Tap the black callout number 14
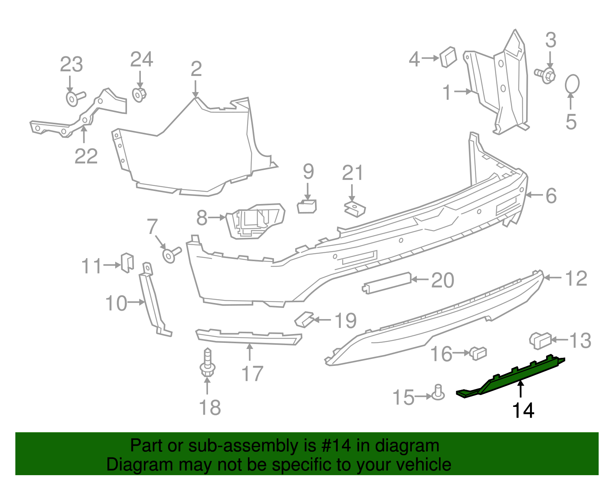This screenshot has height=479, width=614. (x=523, y=411)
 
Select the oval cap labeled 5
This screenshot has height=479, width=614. (x=572, y=84)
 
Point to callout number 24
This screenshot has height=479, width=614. (x=142, y=60)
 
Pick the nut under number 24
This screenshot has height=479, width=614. (x=139, y=94)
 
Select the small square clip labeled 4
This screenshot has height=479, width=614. (x=448, y=57)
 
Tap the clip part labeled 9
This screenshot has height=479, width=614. (x=307, y=206)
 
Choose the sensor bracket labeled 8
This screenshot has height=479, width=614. (x=255, y=221)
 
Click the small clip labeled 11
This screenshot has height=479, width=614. (x=127, y=262)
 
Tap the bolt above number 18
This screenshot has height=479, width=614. (x=208, y=362)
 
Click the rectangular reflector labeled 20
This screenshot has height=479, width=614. (x=387, y=283)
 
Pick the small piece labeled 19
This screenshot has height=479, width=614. (x=304, y=319)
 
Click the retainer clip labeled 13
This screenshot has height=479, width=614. (x=540, y=341)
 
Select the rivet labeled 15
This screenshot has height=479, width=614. (x=439, y=393)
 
